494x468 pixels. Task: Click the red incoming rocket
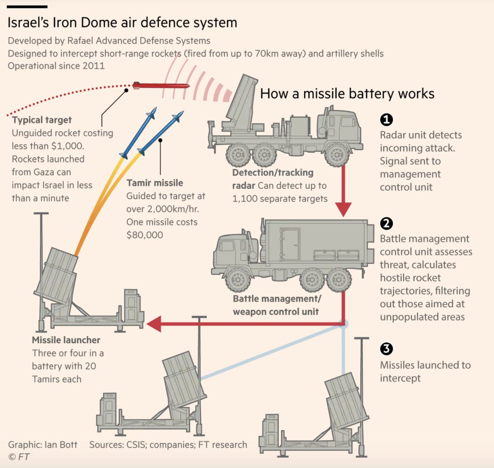[x=161, y=86]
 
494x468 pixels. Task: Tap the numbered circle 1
[x=386, y=119]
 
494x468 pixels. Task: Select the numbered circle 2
[x=386, y=223]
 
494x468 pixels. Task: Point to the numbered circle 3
[x=386, y=349]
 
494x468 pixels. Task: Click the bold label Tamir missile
[x=155, y=183]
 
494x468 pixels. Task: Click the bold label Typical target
[x=42, y=120]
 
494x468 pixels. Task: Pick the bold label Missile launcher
[x=66, y=340]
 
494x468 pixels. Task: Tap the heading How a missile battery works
[x=347, y=94]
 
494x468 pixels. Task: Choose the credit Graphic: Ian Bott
[x=43, y=445]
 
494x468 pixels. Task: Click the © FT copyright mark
[x=19, y=457]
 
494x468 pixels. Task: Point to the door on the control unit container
[x=289, y=244]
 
